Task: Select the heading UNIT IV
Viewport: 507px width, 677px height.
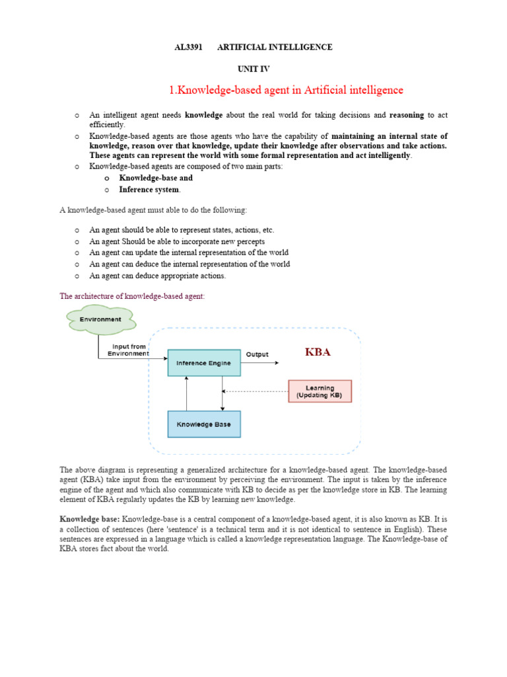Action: click(253, 69)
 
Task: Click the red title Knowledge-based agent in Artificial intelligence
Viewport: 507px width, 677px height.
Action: click(286, 90)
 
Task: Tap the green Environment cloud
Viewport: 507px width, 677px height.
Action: click(100, 320)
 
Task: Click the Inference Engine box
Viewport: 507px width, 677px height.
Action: click(204, 363)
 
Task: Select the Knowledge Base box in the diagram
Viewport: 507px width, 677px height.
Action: click(204, 424)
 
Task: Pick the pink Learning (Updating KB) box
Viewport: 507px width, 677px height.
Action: click(320, 391)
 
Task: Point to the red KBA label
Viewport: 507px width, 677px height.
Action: click(318, 352)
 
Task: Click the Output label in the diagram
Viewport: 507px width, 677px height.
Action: click(257, 354)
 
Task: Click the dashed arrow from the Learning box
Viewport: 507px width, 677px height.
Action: click(257, 391)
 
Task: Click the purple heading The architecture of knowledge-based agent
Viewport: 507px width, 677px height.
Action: click(132, 296)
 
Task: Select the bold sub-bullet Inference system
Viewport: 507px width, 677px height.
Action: click(149, 190)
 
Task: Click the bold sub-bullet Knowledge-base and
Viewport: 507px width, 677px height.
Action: click(156, 178)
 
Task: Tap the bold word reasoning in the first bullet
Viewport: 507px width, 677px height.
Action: click(407, 115)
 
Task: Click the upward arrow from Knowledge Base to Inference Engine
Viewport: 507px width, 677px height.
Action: click(187, 393)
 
